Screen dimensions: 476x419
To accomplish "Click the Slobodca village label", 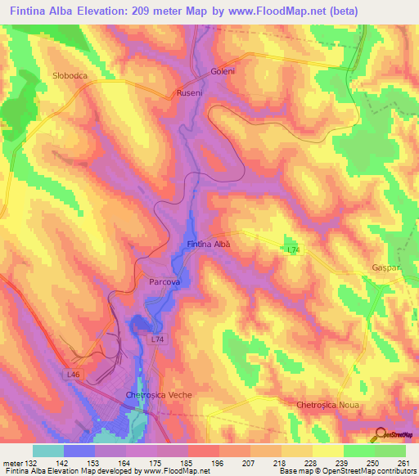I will coord(70,75).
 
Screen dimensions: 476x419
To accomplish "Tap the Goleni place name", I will coord(223,71).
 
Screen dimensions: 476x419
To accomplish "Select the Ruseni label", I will coord(190,94).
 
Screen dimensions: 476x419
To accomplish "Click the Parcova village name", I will coord(164,281).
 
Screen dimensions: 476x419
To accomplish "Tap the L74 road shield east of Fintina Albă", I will coord(293,249).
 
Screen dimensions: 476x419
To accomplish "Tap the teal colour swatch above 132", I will coord(48,451).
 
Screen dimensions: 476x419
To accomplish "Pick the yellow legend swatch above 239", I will coord(327,451).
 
